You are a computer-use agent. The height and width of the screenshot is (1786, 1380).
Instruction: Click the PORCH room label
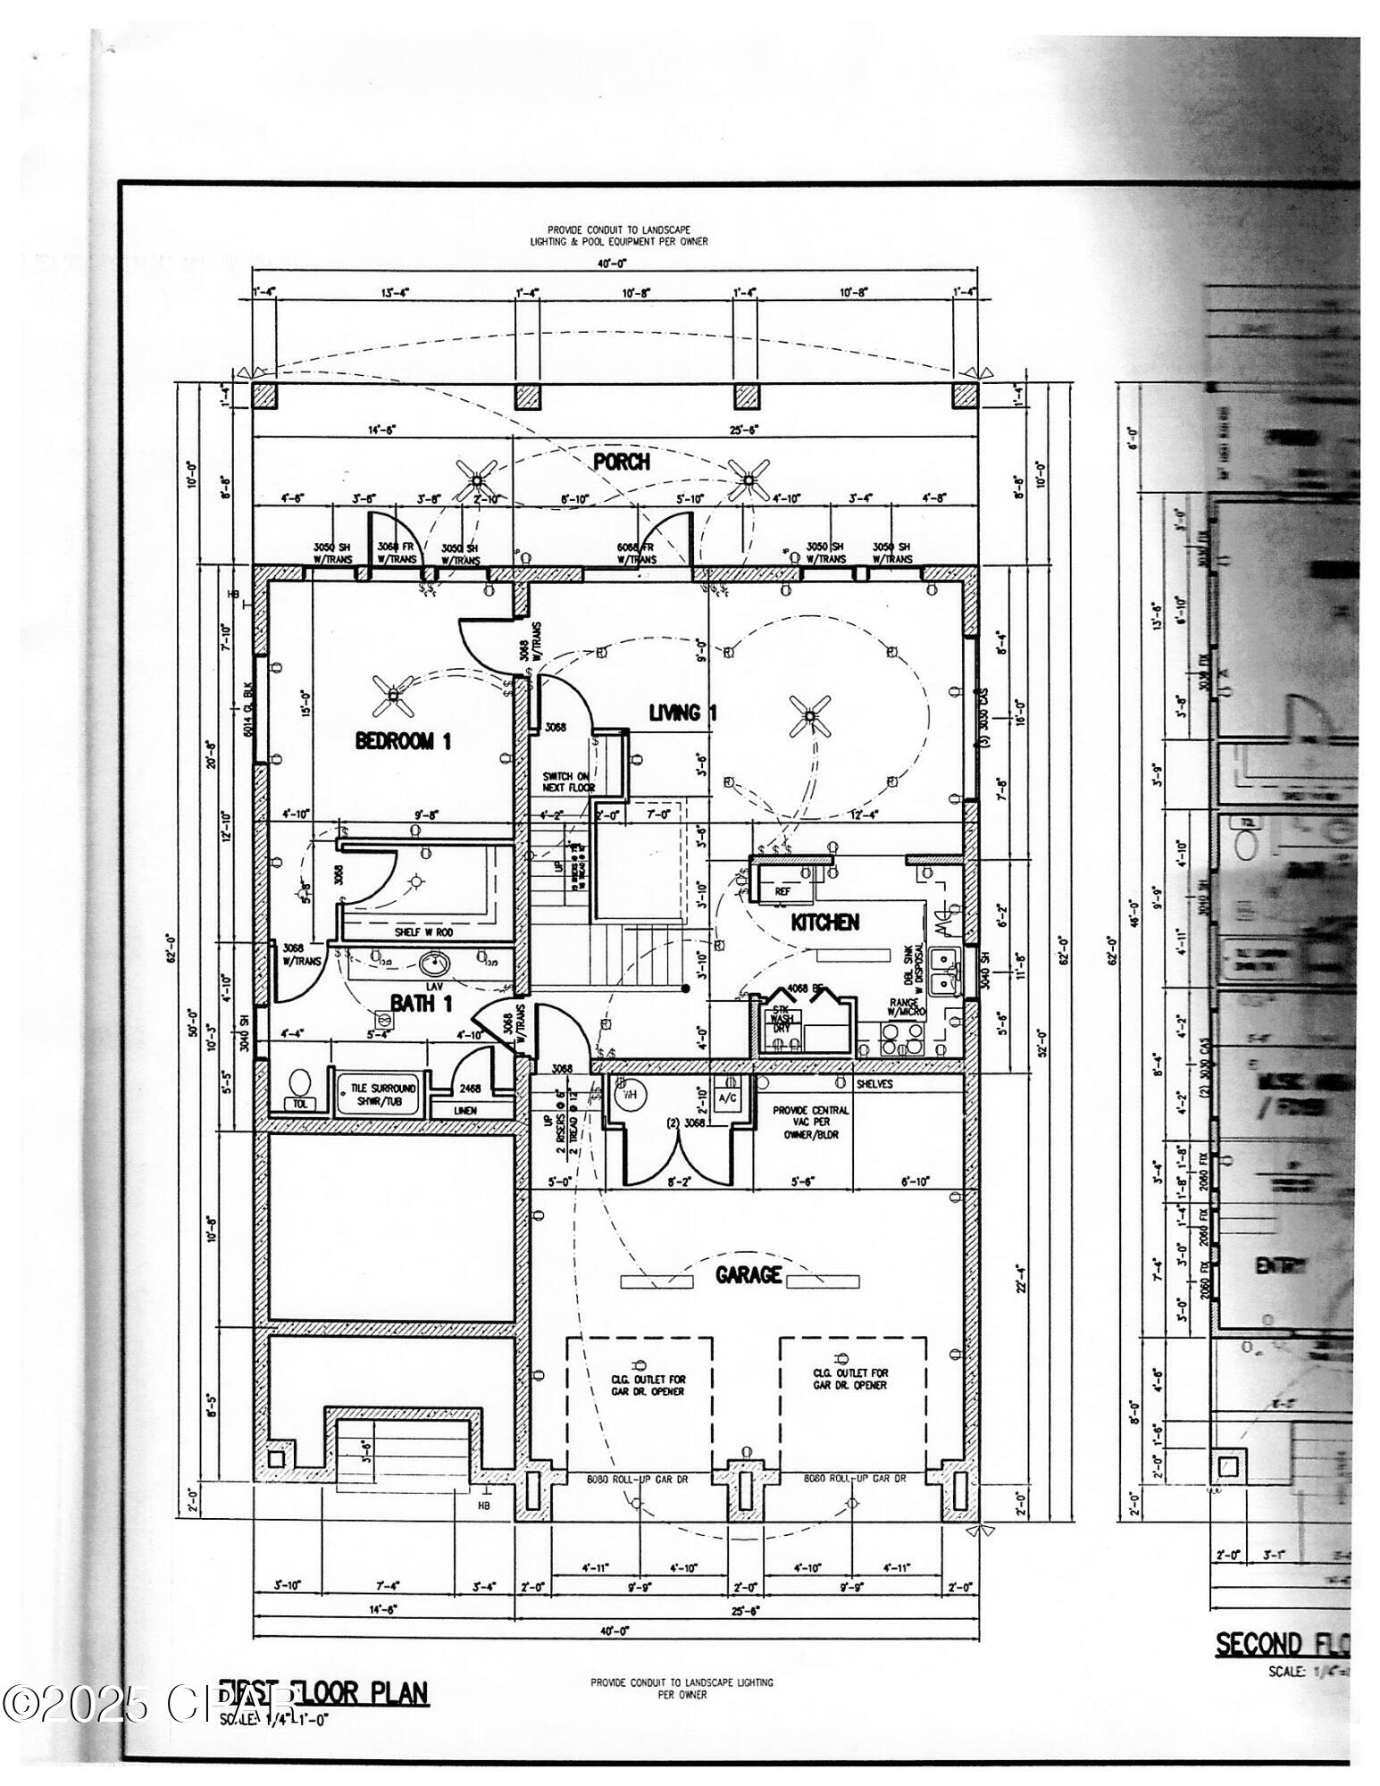coord(622,462)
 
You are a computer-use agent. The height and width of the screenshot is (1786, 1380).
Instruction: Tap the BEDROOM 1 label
coord(403,740)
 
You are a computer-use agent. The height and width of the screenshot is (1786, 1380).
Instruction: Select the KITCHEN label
coord(825,922)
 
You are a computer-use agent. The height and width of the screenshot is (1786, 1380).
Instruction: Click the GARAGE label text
coord(749,1275)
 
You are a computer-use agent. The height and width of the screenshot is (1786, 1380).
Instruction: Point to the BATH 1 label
coord(422,1004)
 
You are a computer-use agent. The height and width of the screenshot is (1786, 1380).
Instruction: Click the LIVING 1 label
coord(683,713)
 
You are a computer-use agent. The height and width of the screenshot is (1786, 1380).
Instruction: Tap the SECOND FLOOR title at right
coord(1283,1644)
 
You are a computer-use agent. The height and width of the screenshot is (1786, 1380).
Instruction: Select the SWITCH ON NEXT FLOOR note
coord(569,781)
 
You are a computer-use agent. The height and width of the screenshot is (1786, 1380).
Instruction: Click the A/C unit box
coord(728,1097)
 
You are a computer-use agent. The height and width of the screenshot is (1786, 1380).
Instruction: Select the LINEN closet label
coord(465,1110)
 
